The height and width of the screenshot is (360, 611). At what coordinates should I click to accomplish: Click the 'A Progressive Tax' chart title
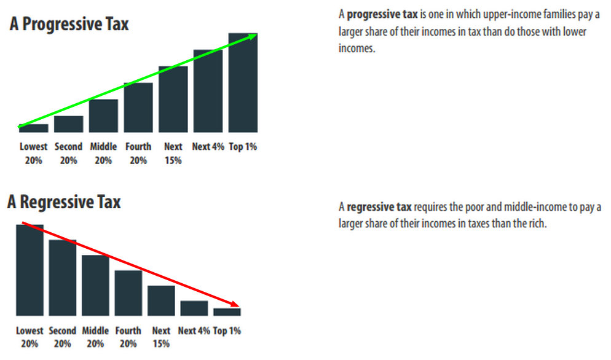point(69,25)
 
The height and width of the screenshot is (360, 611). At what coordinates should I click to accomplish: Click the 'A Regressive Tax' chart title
point(64,202)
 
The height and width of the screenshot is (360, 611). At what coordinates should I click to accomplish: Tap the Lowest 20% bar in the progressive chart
point(33,128)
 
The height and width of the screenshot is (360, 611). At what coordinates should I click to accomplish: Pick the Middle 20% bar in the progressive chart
point(103,116)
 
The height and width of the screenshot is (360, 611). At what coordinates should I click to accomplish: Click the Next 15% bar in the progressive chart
point(173,100)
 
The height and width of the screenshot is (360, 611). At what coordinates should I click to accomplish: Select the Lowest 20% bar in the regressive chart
point(30,270)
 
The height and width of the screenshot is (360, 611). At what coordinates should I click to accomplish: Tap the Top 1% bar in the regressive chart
point(227,312)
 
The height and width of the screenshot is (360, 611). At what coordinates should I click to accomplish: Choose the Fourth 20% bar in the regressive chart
point(128,293)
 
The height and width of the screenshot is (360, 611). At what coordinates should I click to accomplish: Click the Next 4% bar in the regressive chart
point(194,308)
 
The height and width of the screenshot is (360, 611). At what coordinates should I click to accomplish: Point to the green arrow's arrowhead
point(253,37)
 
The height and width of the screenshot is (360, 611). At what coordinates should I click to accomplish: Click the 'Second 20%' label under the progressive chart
point(68,154)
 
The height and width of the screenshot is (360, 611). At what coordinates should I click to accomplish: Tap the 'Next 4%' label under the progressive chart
point(208,147)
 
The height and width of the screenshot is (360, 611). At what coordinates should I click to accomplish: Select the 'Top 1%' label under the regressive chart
point(227,331)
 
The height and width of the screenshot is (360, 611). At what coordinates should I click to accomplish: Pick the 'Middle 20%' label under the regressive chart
point(95,337)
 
